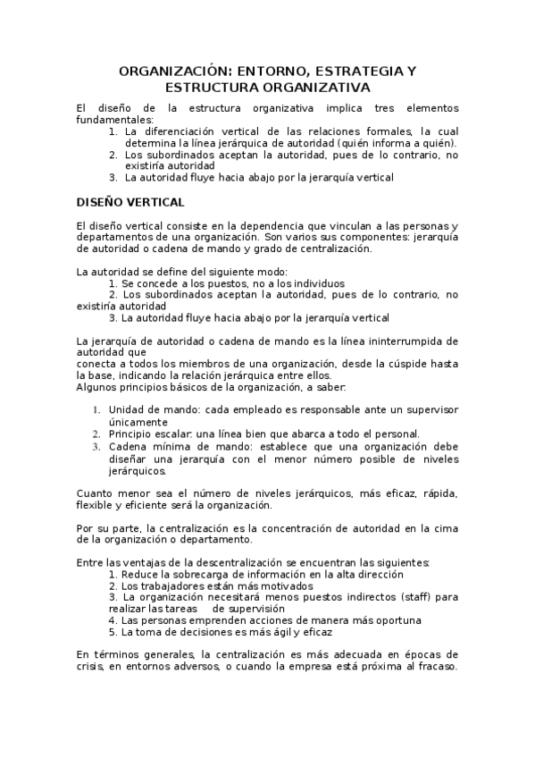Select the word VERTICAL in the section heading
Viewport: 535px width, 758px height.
(x=155, y=202)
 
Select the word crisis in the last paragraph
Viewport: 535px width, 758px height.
(x=91, y=667)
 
